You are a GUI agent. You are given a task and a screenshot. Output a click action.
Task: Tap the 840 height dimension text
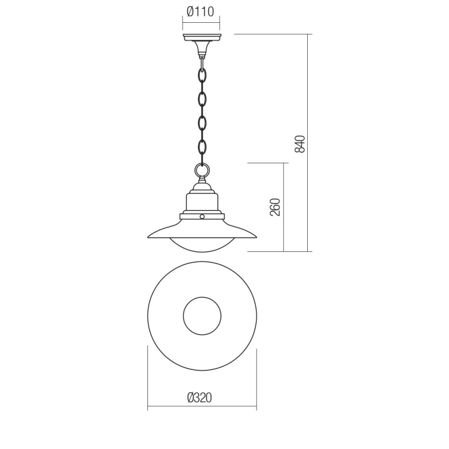(301, 143)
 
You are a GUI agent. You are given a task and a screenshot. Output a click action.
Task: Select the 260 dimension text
(275, 207)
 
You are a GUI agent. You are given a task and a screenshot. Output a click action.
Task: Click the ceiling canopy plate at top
(202, 37)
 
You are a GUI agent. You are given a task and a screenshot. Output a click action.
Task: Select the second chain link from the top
(202, 99)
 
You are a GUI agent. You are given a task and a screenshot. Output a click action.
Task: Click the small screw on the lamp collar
(202, 216)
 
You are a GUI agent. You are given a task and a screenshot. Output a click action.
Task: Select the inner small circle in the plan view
(202, 316)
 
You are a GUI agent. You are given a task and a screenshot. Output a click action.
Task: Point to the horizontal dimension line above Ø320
(202, 407)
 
